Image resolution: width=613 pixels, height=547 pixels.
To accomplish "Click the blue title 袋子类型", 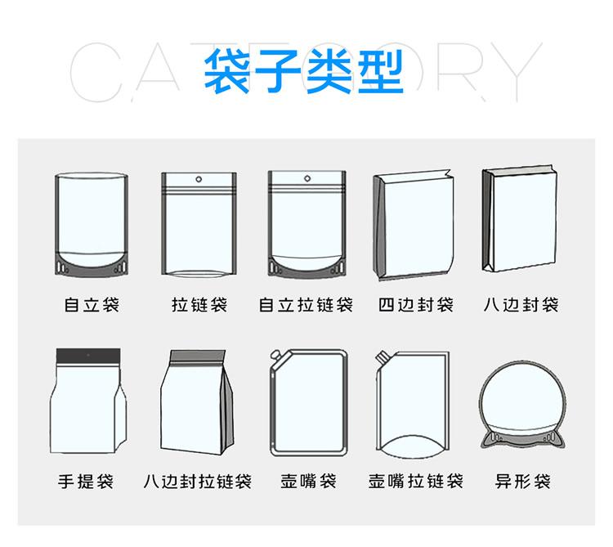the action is pos(303,72).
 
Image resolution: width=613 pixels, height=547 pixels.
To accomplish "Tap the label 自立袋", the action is pos(92,305).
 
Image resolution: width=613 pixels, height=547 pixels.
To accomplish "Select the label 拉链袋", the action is pos(199,305).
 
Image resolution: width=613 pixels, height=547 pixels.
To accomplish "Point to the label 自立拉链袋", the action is pos(306,305).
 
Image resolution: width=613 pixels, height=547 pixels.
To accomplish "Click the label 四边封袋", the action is pos(416,305).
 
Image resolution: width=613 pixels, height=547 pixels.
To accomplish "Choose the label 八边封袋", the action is pos(521,305).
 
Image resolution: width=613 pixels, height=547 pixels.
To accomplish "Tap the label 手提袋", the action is pos(86,482).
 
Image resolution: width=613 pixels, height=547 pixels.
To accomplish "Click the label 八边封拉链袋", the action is pos(198,482).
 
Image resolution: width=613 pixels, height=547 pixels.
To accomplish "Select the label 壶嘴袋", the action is pos(308,482).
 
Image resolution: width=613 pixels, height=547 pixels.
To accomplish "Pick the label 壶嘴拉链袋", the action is pos(416,482).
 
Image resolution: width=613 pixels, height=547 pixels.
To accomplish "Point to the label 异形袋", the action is pos(523,482).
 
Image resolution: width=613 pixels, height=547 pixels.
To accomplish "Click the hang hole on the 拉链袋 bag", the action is pos(199,179).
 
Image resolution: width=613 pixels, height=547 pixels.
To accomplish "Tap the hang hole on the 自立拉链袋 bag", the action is pos(307,179).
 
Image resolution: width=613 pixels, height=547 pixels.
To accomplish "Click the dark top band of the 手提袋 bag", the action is pos(88,355).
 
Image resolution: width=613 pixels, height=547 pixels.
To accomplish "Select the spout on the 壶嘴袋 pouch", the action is pos(276,355).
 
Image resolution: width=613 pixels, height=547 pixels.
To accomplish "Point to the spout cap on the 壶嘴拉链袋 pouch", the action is pos(381,356).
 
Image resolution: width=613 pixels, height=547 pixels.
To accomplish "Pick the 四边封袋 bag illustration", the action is pos(414,225).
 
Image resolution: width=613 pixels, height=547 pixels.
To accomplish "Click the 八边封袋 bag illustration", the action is pos(520,219).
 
